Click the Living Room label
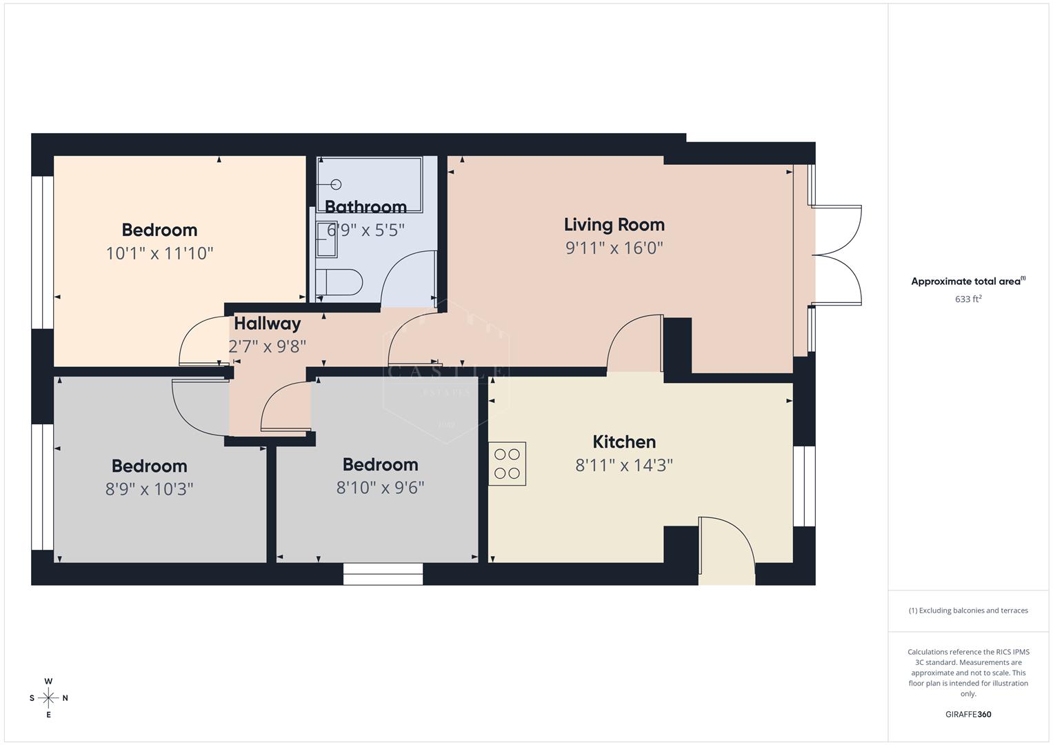click(x=614, y=224)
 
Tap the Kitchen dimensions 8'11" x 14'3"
click(x=624, y=465)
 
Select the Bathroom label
click(x=365, y=206)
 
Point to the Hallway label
click(x=267, y=323)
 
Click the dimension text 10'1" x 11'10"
click(x=159, y=253)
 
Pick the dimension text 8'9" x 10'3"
click(x=149, y=489)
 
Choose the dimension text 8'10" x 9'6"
click(x=380, y=488)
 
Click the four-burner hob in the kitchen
click(x=507, y=464)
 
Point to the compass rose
click(x=48, y=697)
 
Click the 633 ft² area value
click(x=968, y=299)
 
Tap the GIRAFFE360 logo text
click(x=968, y=714)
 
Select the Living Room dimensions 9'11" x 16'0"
click(x=614, y=248)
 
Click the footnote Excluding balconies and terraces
click(x=968, y=610)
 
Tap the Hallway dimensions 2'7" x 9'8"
click(x=267, y=346)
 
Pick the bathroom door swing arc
click(x=407, y=279)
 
